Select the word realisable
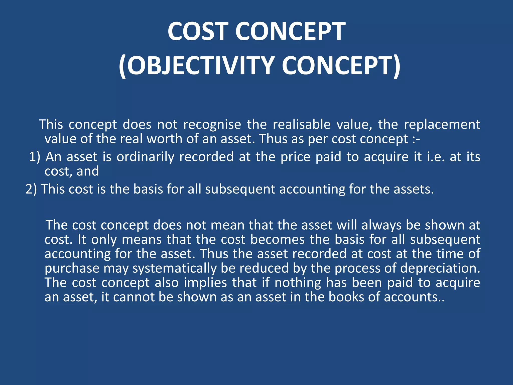click(302, 125)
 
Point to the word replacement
click(442, 125)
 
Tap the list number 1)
click(35, 157)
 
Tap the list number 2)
click(31, 189)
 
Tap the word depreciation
click(440, 268)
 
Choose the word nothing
click(298, 283)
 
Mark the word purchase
click(72, 268)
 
